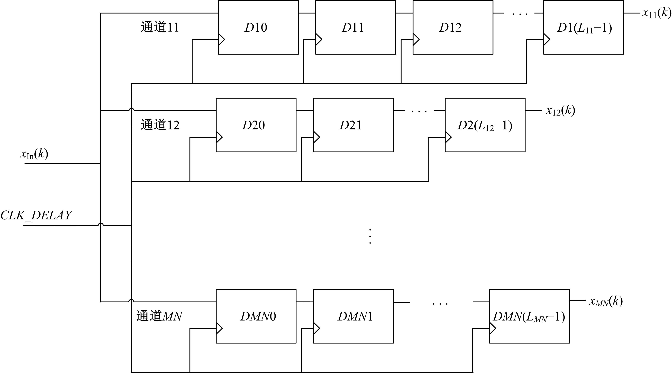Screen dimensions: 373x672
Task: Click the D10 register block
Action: click(258, 27)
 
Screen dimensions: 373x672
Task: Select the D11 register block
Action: click(355, 27)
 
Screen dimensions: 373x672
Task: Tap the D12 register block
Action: click(453, 27)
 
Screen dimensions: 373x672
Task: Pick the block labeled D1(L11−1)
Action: click(584, 27)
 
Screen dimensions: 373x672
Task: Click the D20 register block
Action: click(256, 125)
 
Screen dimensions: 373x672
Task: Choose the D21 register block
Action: click(353, 125)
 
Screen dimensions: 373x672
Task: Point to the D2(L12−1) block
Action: click(485, 125)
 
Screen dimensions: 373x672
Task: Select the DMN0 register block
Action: click(256, 316)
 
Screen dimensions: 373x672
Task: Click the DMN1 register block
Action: click(353, 316)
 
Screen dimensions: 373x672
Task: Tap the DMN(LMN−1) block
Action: click(529, 316)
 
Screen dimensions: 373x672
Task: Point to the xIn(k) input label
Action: click(34, 154)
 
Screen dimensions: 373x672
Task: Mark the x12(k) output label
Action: click(560, 111)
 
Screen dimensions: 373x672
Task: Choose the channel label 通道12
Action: click(160, 125)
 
